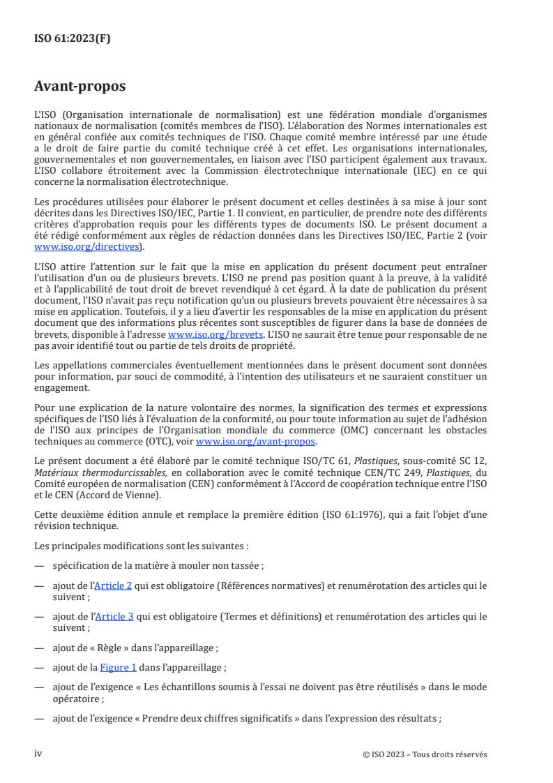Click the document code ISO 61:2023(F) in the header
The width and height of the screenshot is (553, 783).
[x=73, y=38]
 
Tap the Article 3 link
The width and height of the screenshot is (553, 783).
[x=113, y=597]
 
